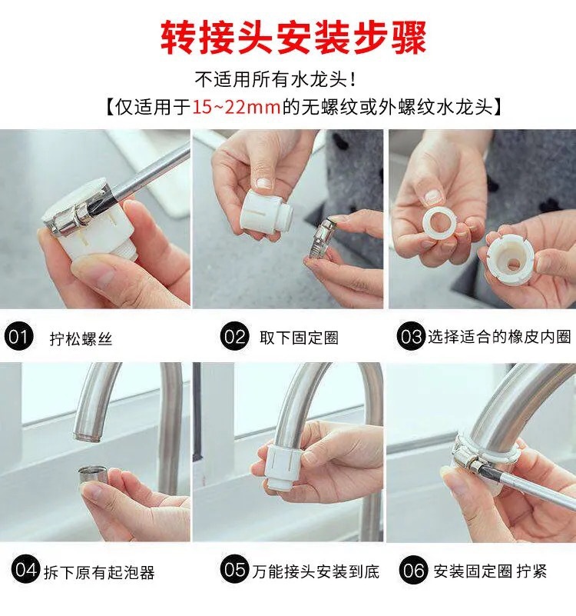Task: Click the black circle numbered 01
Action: [18, 336]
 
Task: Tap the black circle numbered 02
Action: [235, 336]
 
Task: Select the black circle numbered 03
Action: [411, 336]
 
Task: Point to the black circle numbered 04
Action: [25, 570]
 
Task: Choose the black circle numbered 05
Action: [235, 570]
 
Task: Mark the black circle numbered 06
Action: [413, 570]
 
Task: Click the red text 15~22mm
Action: [237, 107]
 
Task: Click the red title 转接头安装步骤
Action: [293, 38]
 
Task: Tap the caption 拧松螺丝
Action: [81, 338]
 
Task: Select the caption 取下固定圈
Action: [299, 338]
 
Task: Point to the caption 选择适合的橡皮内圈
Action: [499, 337]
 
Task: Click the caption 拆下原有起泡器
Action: [99, 572]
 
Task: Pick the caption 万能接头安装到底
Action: [316, 571]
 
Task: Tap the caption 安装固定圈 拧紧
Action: [490, 571]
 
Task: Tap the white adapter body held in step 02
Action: [266, 214]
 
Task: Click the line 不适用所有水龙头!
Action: [276, 80]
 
